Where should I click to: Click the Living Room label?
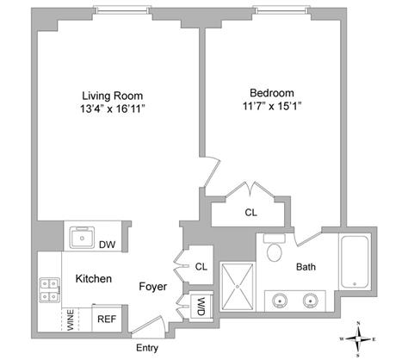coord(113,96)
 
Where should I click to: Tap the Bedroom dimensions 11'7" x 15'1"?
coord(272,107)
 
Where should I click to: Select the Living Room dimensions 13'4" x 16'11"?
coord(113,109)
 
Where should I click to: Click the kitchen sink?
coord(82,238)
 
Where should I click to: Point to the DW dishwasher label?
coord(107,245)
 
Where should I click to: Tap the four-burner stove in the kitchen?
coord(50,289)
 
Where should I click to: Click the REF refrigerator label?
coord(107,319)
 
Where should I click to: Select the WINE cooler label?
coord(71,320)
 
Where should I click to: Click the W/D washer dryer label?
coord(201,307)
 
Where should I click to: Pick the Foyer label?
coord(152,287)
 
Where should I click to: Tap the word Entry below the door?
coord(147,348)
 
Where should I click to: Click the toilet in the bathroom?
coord(275,247)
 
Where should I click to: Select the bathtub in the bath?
coord(355,262)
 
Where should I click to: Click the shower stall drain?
coord(238,286)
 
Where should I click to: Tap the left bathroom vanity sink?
coord(279,301)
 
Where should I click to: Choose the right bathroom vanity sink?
coord(311,301)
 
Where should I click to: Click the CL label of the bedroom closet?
coord(251,213)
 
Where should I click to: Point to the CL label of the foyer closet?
coord(201,267)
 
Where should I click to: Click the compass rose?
coord(358,339)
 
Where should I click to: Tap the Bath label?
coord(306,267)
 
